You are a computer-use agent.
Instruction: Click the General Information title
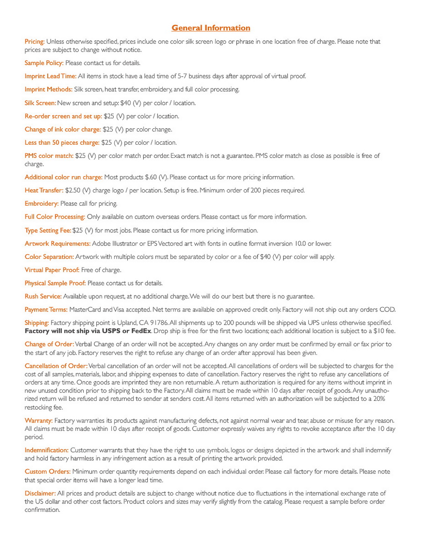[x=210, y=28]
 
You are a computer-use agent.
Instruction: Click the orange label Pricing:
[x=35, y=42]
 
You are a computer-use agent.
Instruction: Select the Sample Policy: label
[x=44, y=63]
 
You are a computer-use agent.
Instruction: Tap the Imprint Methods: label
[x=48, y=89]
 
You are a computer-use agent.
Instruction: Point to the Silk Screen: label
[x=40, y=103]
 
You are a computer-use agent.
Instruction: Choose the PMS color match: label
[x=49, y=155]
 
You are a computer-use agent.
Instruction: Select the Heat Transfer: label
[x=44, y=191]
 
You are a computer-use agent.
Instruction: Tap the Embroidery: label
[x=42, y=204]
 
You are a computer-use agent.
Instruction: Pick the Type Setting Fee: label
[x=48, y=230]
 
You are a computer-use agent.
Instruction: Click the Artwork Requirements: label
[x=58, y=243]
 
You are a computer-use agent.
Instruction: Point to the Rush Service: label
[x=43, y=296]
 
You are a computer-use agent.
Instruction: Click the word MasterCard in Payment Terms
[x=85, y=310]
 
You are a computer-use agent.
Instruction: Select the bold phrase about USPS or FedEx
[x=88, y=331]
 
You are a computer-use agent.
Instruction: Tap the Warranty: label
[x=38, y=420]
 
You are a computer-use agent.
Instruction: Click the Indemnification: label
[x=46, y=450]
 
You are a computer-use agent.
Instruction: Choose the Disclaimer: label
[x=40, y=493]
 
